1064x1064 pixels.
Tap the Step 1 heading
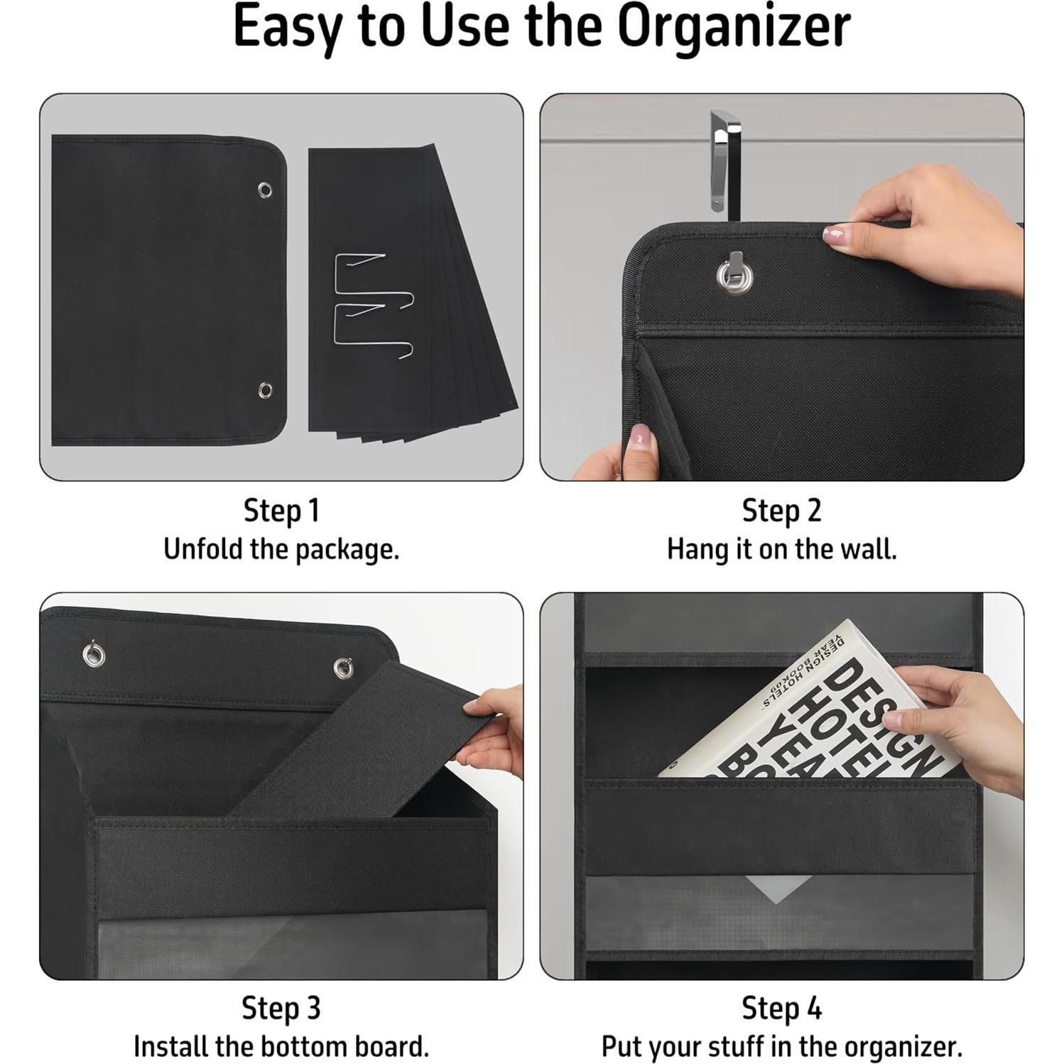coord(281,511)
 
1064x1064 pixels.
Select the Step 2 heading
coord(781,511)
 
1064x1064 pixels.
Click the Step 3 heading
coord(281,1008)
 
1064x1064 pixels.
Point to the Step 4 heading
coord(781,1008)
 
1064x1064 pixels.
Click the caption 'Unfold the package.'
coord(281,549)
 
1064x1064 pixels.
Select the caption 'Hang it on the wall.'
coord(781,549)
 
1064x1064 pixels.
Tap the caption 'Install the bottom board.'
coord(281,1046)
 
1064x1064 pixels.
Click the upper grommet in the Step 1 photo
coord(265,190)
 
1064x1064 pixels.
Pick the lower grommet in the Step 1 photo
coord(265,390)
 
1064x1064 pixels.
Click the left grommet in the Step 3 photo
coord(93,653)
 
